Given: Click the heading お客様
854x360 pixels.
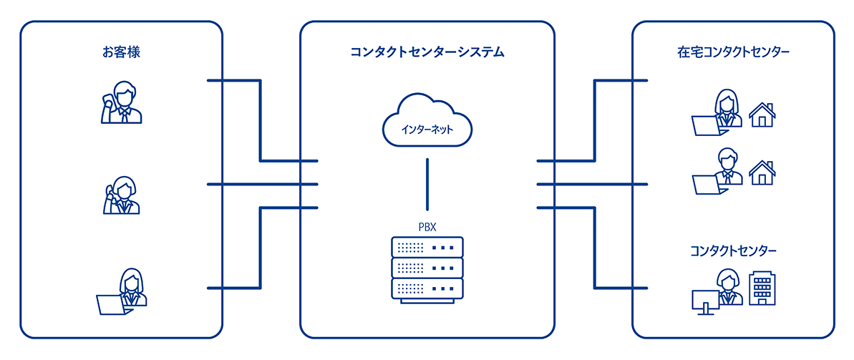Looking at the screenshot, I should click(x=120, y=52).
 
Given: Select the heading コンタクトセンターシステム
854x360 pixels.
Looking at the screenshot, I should click(x=427, y=52).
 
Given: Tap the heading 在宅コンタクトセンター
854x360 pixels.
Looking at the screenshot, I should click(x=733, y=52).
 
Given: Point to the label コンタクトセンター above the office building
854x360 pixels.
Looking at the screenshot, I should click(x=733, y=250).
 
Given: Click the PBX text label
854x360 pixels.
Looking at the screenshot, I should click(x=427, y=227).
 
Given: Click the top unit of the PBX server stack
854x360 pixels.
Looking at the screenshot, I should click(x=427, y=247).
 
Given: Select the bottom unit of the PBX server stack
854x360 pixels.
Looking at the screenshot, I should click(x=427, y=289).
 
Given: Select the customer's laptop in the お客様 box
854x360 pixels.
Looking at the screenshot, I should click(x=114, y=304).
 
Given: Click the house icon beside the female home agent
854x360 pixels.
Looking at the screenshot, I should click(x=762, y=114).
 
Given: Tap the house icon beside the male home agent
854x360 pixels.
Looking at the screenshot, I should click(x=762, y=172).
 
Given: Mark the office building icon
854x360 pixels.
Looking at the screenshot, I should click(x=762, y=288).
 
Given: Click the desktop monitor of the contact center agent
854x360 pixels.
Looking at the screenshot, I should click(x=705, y=299).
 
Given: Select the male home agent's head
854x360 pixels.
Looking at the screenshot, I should click(x=727, y=156).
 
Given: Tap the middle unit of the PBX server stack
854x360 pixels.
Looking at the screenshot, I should click(x=427, y=268).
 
